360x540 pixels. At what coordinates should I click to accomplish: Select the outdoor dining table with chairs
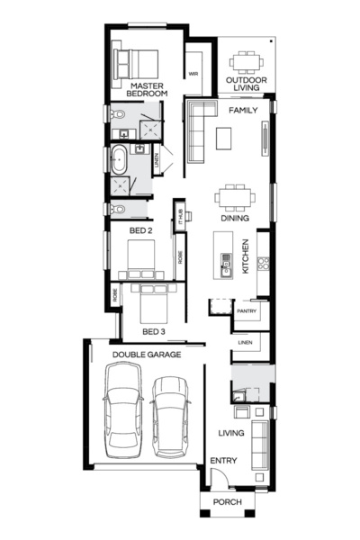(246, 62)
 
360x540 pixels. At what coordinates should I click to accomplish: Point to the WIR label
(193, 74)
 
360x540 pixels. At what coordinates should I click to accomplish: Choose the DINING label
(235, 218)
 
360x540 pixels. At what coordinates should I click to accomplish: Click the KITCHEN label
(244, 256)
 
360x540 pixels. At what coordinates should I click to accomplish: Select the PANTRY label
(247, 312)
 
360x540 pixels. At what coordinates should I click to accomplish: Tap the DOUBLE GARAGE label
(147, 355)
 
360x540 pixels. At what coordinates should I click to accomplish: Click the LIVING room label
(231, 434)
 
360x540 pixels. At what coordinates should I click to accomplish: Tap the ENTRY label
(222, 461)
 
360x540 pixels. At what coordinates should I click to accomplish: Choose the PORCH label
(227, 502)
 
